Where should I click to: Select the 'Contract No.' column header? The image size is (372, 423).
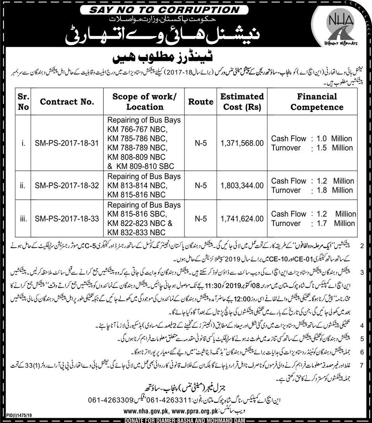point(67,101)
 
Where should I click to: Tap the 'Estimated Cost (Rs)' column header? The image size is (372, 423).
point(242,101)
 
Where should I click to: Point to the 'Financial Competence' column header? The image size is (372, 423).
point(317,101)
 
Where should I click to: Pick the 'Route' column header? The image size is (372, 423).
point(201,101)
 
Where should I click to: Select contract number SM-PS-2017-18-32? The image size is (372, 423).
point(66,185)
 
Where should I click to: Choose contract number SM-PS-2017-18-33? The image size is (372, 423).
point(66,218)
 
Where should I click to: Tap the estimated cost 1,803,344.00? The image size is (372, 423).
point(242,185)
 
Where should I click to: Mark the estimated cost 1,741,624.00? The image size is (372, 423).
point(242,218)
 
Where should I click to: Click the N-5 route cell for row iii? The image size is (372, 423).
point(201,218)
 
